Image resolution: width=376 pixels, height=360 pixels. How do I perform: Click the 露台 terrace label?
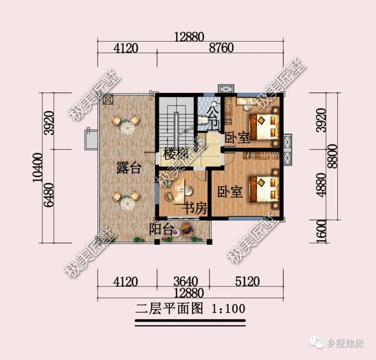click(x=129, y=169)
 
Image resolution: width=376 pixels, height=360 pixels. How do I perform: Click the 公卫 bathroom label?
click(x=213, y=118)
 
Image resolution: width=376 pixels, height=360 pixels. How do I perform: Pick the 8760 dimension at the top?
click(x=221, y=48)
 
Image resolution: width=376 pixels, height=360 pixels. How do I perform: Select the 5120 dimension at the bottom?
click(x=247, y=281)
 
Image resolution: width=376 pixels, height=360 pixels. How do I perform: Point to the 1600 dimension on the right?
click(x=322, y=231)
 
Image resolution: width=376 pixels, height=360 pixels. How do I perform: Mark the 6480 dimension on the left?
click(x=49, y=195)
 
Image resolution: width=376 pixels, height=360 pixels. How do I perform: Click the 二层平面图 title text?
click(x=169, y=308)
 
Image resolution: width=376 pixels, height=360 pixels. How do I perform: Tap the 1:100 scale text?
click(x=228, y=308)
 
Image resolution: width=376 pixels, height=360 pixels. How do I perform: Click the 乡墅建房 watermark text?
click(x=345, y=344)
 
